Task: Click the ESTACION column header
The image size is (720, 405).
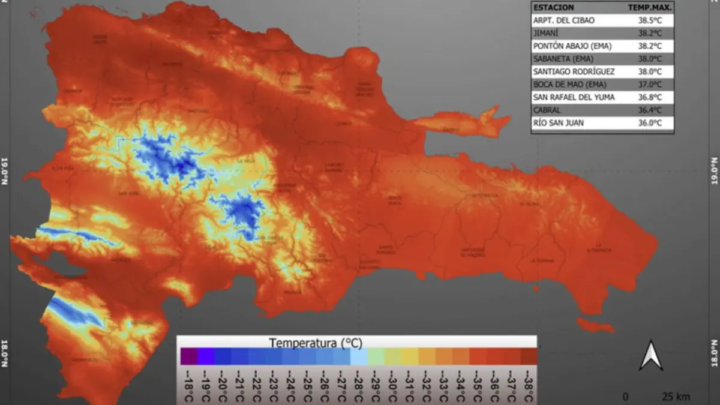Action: (x=554, y=7)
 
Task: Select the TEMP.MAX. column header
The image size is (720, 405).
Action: (x=650, y=7)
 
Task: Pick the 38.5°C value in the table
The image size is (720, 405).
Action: (x=650, y=20)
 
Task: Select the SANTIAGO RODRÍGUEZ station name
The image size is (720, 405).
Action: (x=574, y=71)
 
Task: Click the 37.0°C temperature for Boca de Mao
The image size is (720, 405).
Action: (x=650, y=85)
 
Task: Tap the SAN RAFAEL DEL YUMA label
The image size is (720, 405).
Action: (x=574, y=97)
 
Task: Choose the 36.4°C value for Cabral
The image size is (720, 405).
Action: (x=650, y=110)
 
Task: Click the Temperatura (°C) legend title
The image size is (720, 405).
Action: (x=316, y=343)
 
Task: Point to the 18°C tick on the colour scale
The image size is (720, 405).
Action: (x=188, y=385)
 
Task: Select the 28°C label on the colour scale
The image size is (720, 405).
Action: (x=358, y=385)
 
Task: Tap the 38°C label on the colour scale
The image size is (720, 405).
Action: (x=528, y=385)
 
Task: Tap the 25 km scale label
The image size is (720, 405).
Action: (x=676, y=397)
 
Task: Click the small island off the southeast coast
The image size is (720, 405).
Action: (x=595, y=326)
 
